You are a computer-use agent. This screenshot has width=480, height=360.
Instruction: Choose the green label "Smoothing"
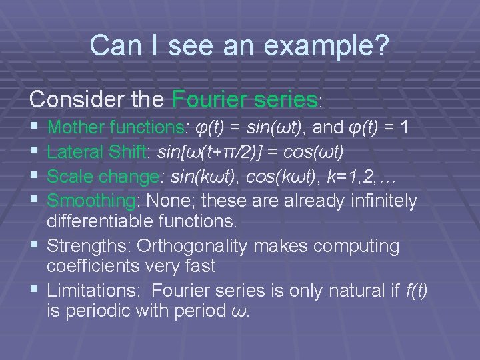pos(91,201)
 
